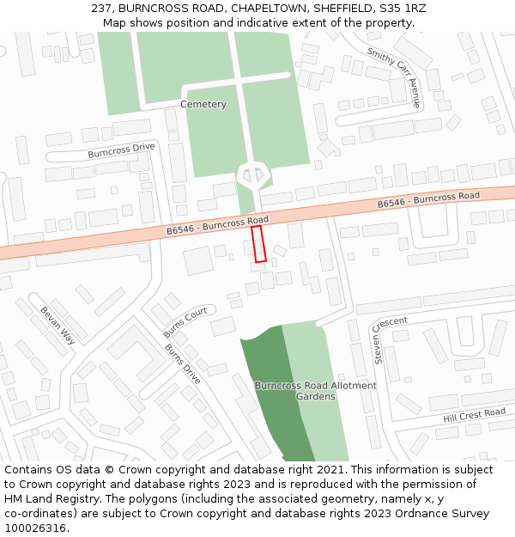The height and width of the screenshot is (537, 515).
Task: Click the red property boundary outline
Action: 258,244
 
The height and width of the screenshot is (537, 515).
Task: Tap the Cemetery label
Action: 203,105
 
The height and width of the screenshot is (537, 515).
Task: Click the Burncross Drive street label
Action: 121,150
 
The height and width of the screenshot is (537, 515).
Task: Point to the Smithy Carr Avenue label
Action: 394,76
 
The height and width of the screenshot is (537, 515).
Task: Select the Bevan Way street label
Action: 58,326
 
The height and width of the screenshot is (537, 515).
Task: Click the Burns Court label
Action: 185,322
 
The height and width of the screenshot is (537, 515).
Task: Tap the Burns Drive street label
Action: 182,364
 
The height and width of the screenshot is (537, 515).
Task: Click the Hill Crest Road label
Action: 474,415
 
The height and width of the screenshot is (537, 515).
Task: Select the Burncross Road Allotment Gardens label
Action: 315,391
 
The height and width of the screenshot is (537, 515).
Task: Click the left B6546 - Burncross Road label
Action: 217,225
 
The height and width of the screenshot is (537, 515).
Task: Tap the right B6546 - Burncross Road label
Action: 428,200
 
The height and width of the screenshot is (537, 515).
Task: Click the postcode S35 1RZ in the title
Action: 402,9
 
